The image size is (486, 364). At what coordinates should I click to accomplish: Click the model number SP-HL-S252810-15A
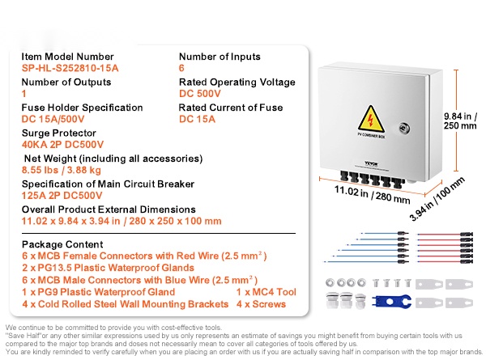click(70, 68)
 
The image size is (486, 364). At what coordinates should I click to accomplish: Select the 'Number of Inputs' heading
click(220, 57)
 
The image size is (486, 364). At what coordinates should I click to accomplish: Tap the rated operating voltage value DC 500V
click(200, 94)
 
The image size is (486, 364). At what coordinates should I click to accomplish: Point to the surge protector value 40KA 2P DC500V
click(62, 145)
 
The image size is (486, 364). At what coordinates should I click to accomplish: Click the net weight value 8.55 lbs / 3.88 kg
click(62, 170)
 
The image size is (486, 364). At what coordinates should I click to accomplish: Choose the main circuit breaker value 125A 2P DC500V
click(62, 196)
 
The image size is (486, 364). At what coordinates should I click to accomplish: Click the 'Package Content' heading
click(62, 244)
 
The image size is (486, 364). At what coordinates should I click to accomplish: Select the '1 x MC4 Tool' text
click(266, 292)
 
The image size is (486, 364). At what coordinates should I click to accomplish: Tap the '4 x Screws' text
click(261, 304)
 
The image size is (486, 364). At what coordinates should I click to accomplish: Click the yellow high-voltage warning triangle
click(371, 119)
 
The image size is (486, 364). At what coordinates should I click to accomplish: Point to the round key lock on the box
click(404, 128)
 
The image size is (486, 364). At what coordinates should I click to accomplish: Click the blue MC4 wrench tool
click(392, 302)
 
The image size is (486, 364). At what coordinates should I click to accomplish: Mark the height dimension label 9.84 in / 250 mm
click(460, 121)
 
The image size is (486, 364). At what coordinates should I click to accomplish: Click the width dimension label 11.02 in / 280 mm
click(373, 194)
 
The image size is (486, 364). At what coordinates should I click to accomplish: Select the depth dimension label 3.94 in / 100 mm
click(437, 199)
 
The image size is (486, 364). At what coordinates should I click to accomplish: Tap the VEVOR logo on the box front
click(371, 163)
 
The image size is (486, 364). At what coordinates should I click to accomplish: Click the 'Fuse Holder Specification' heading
click(82, 108)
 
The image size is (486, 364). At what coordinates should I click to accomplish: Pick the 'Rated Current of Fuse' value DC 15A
click(197, 119)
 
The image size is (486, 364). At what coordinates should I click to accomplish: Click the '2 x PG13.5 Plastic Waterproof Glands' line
click(109, 268)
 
